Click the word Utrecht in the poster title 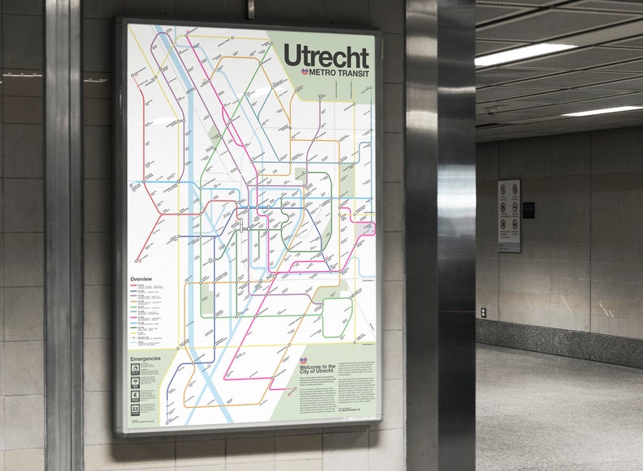click(x=326, y=56)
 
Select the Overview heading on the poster click(x=141, y=279)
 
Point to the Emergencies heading click(x=146, y=358)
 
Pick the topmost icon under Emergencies click(x=135, y=368)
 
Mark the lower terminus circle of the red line click(x=138, y=261)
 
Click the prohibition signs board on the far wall click(x=509, y=215)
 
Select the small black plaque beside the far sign click(x=529, y=210)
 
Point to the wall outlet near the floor click(x=483, y=312)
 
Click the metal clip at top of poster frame click(x=251, y=10)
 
